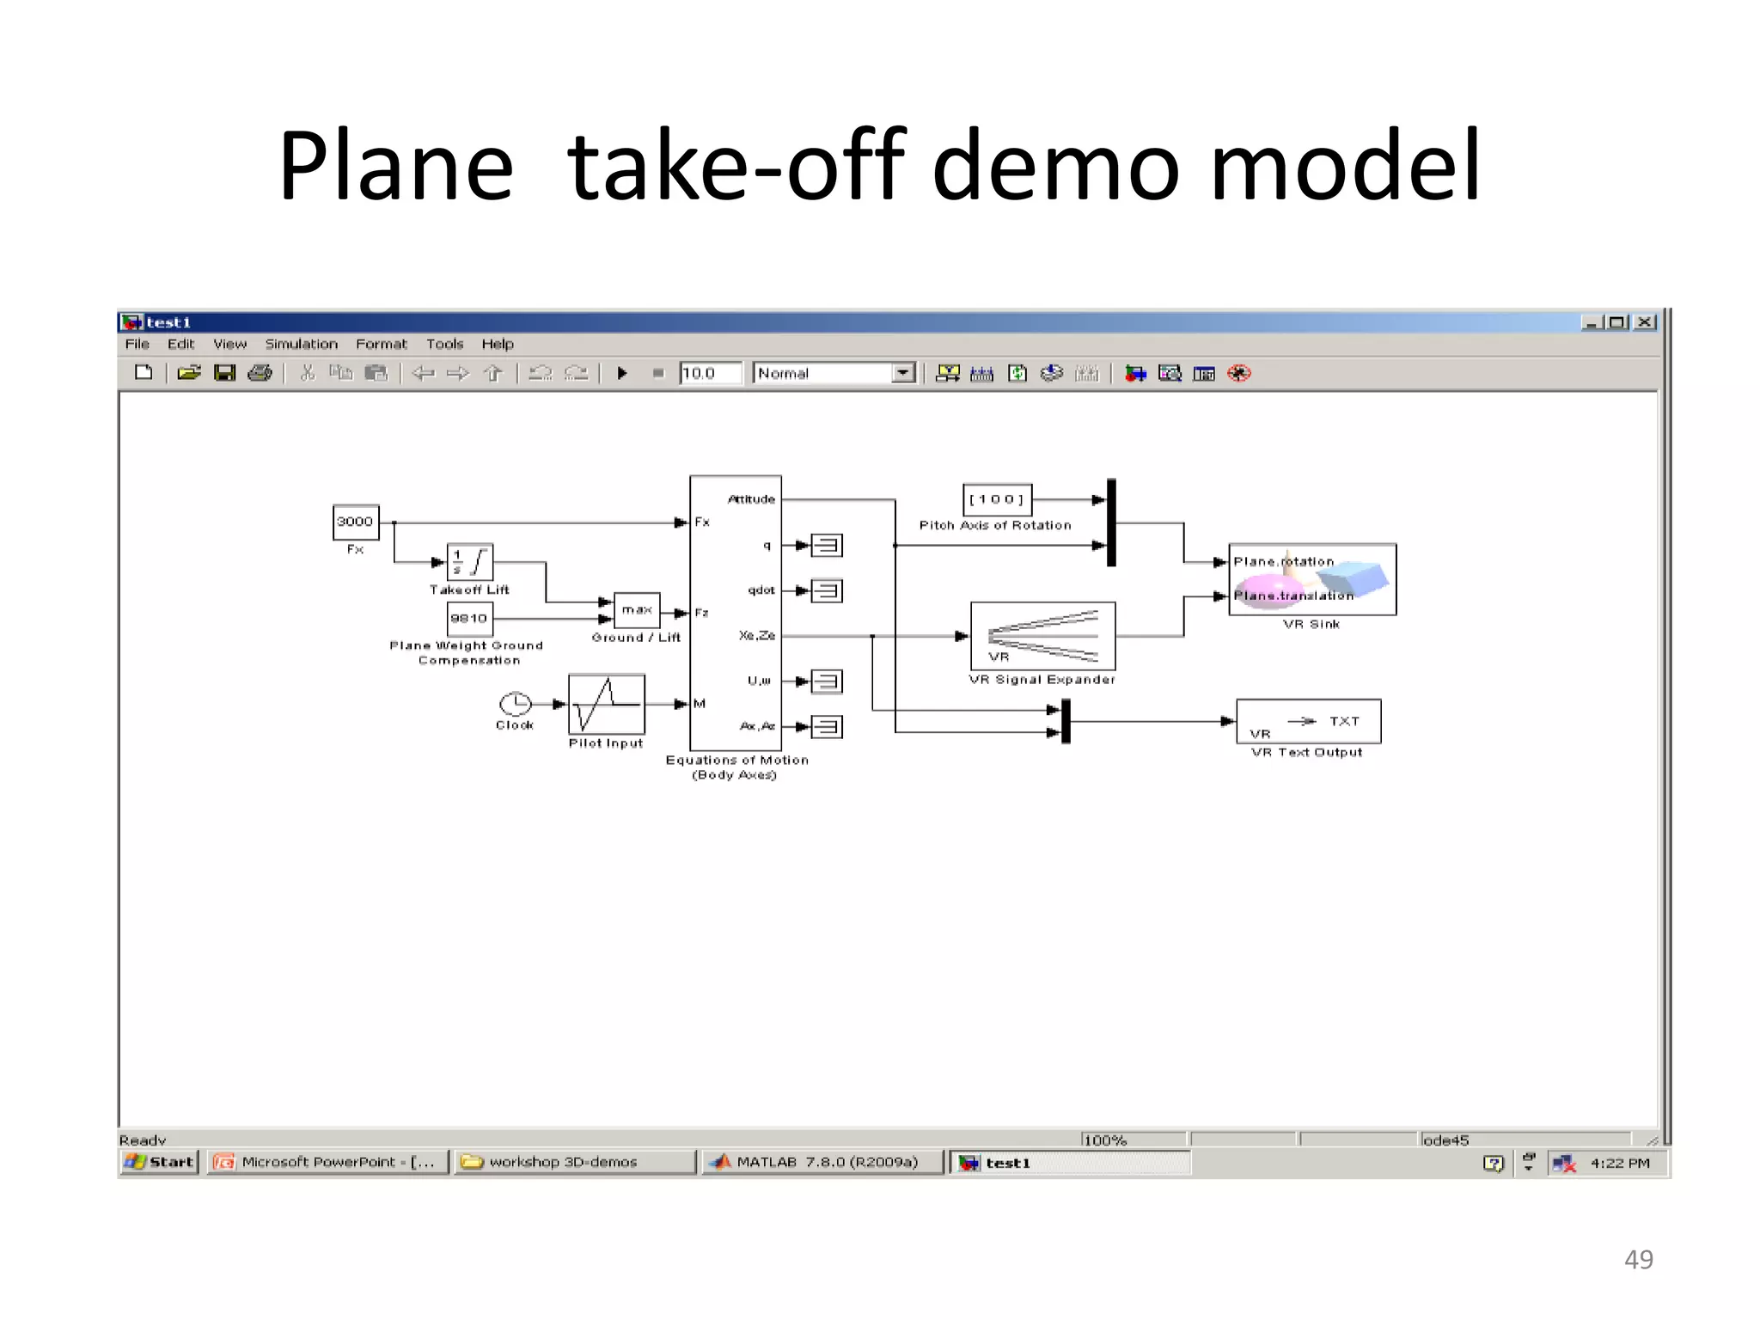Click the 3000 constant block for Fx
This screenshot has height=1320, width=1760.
tap(355, 522)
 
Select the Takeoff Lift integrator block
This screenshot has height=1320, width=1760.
tap(469, 563)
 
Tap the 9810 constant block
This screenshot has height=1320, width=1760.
tap(469, 618)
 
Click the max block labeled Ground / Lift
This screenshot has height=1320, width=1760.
tap(637, 610)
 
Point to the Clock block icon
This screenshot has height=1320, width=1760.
tap(515, 705)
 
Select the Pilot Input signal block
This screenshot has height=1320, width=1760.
tap(606, 704)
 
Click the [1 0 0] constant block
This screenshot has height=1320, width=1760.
tap(996, 499)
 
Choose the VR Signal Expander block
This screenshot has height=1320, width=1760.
tap(1042, 636)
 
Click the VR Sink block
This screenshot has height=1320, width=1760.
tap(1311, 579)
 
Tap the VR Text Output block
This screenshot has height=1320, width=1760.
tap(1308, 721)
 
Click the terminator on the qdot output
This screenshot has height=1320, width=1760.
tap(827, 591)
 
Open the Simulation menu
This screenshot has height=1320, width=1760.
tap(301, 345)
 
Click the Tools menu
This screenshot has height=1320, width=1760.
tap(444, 345)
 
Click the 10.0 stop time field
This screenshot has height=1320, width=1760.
tap(709, 374)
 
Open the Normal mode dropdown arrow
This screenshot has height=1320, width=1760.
tap(902, 374)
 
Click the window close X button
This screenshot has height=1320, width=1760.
tap(1645, 322)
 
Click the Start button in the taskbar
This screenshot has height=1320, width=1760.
tap(160, 1163)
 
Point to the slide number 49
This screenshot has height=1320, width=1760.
tap(1638, 1260)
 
